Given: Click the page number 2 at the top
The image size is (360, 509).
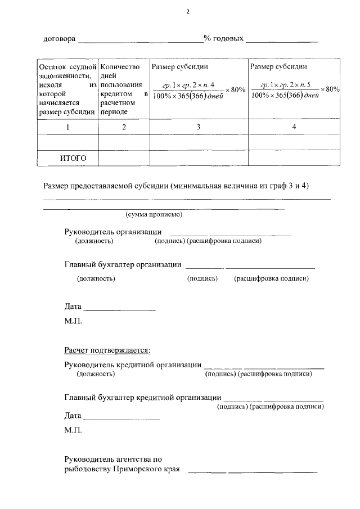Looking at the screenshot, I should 188,11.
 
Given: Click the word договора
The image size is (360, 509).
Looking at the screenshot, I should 59,39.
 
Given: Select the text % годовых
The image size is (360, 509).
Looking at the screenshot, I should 223,39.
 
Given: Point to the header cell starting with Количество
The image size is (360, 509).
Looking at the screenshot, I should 124,88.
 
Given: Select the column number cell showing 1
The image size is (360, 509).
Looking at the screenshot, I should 67,127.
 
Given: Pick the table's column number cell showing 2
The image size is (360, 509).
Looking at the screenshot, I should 124,127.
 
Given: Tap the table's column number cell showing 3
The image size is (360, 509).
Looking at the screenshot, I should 198,127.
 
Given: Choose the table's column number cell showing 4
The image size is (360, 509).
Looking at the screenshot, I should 294,127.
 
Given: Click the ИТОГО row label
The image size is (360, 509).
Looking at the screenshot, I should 73,158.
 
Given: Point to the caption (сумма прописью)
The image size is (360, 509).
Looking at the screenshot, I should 153,215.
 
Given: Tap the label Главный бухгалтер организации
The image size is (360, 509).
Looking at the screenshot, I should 123,265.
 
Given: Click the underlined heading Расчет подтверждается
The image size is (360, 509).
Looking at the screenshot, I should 107,350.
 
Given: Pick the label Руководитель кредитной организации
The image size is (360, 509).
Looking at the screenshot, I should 133,364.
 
